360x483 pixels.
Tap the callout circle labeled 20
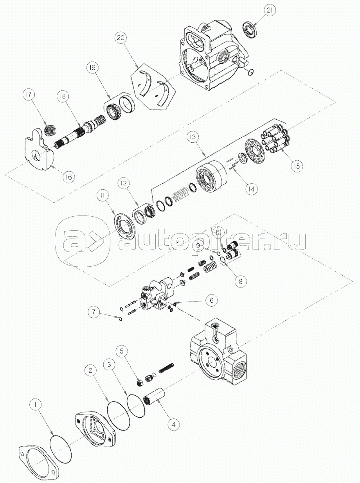click(x=121, y=38)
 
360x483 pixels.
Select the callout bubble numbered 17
click(x=29, y=95)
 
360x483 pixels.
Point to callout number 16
click(x=68, y=177)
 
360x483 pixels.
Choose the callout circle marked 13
click(x=193, y=137)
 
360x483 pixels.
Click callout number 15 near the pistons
click(x=297, y=166)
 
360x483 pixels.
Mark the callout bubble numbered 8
click(x=241, y=282)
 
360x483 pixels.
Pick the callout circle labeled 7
click(x=94, y=312)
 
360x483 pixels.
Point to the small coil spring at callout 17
click(x=50, y=130)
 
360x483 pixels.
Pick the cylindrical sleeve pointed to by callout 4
click(x=155, y=397)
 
